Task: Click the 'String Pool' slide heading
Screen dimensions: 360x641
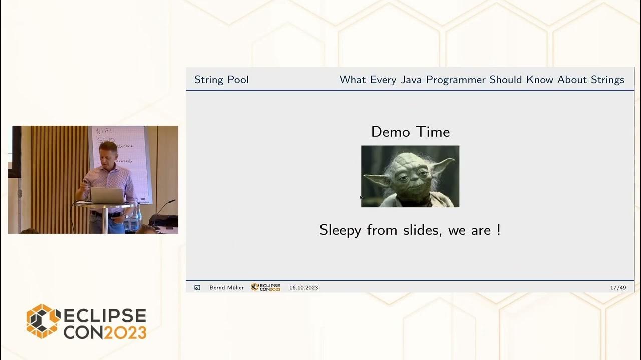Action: click(221, 80)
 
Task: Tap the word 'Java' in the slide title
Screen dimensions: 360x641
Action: click(411, 80)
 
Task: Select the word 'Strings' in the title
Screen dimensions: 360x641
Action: click(607, 80)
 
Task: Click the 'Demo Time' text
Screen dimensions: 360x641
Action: click(410, 132)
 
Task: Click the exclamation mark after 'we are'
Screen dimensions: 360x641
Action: click(498, 230)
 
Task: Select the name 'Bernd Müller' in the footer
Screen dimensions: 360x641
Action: click(226, 288)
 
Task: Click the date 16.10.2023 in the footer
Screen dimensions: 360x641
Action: click(303, 288)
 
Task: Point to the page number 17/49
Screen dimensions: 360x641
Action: click(618, 288)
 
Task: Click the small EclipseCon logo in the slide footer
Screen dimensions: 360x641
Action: click(265, 287)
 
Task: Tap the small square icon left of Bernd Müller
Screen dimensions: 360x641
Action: click(197, 288)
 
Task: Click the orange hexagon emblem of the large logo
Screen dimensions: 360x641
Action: click(43, 321)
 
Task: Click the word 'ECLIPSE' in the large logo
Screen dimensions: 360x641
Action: click(104, 316)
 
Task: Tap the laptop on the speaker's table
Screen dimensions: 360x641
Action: click(107, 195)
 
